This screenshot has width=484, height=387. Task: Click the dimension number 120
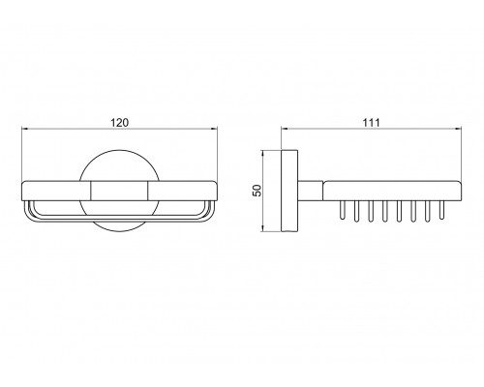[119, 123]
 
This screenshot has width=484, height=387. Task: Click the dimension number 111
[372, 123]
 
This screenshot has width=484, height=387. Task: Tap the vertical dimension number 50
[257, 191]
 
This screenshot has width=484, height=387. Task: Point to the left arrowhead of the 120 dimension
[24, 129]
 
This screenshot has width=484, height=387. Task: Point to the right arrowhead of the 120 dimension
[214, 129]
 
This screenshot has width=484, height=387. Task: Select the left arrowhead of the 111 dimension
[285, 129]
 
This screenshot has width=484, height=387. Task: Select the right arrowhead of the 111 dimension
[457, 129]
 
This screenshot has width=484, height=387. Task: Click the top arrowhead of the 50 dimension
[263, 154]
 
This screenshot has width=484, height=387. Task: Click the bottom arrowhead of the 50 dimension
[263, 228]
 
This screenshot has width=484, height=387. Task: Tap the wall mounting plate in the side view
[289, 191]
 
